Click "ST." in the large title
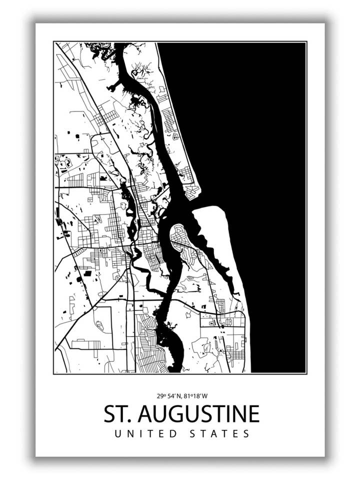click(x=117, y=414)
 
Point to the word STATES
click(x=220, y=433)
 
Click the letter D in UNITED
click(x=173, y=433)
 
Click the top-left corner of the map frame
click(x=54, y=42)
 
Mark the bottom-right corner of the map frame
click(x=306, y=373)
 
